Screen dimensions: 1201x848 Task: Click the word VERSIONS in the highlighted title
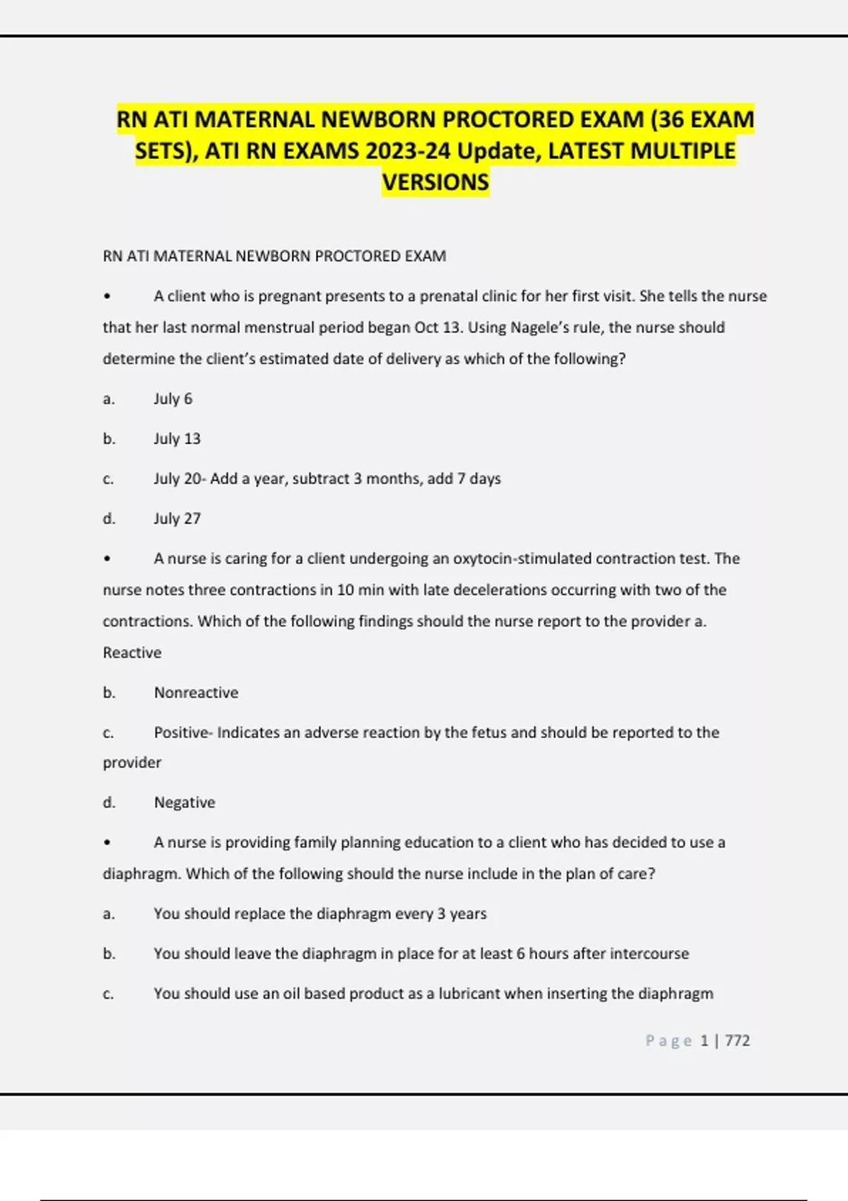tap(435, 182)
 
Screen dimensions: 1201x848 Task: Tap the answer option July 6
tap(173, 398)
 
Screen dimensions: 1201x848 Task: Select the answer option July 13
tap(177, 439)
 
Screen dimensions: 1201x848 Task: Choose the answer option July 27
tap(177, 519)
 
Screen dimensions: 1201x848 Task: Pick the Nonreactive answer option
tap(196, 692)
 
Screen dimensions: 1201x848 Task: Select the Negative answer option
tap(184, 803)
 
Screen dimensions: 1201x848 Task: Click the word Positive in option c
tap(182, 733)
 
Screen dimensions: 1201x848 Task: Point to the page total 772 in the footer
tap(737, 1041)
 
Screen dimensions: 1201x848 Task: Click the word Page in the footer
tap(668, 1041)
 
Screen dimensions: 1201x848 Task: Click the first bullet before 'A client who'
tap(107, 297)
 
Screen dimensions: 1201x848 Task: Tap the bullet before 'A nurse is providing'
tap(107, 843)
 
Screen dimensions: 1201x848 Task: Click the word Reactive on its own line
tap(132, 653)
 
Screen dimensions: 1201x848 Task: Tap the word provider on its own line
tap(132, 763)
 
